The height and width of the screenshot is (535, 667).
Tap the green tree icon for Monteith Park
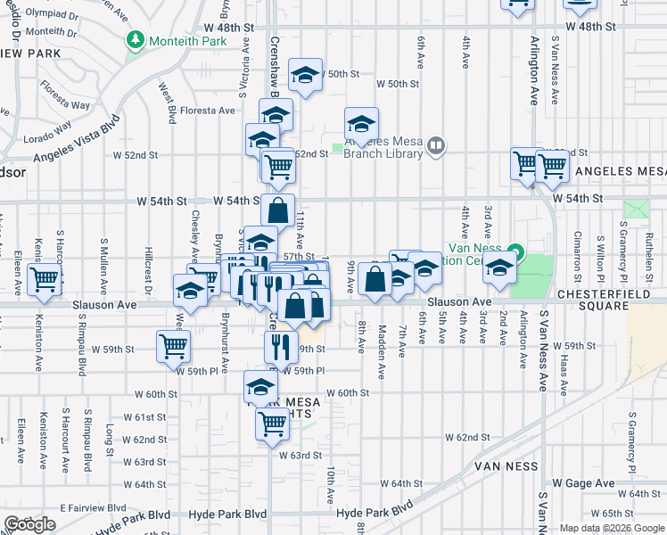[x=135, y=39]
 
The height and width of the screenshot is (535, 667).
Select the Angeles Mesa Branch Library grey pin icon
[x=435, y=144]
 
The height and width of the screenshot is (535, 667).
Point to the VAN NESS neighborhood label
[x=506, y=466]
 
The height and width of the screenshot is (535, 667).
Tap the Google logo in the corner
[x=29, y=524]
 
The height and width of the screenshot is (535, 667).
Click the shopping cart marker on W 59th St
[x=174, y=346]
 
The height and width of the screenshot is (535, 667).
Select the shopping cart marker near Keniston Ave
[x=44, y=279]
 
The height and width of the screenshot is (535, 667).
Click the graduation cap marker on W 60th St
[x=260, y=388]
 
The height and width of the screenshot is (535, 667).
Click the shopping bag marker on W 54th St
[x=278, y=210]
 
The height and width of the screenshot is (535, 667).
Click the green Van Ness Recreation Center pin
[x=515, y=249]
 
